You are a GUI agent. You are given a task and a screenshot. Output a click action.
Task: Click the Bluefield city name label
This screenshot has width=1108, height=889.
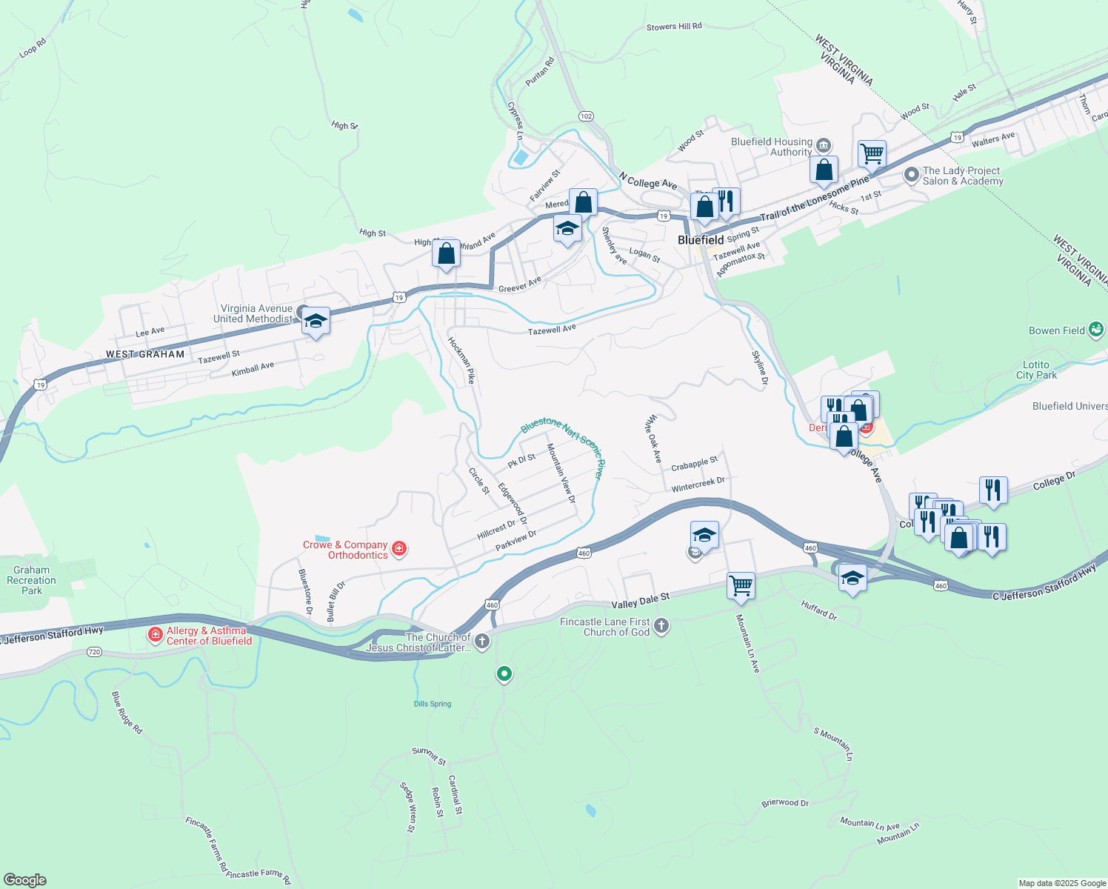[701, 240]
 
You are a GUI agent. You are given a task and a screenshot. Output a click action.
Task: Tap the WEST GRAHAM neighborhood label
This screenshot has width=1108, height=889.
[145, 354]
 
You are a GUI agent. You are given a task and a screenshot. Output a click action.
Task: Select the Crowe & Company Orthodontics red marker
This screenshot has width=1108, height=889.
[399, 549]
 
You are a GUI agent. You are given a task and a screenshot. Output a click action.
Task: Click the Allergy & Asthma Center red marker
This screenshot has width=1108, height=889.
[156, 635]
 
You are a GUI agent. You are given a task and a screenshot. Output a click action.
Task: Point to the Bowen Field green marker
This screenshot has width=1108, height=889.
[1096, 330]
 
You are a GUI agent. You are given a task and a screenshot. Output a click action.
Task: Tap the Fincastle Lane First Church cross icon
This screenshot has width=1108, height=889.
[661, 627]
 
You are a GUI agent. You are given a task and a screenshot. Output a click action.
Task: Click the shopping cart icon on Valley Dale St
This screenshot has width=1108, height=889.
[741, 586]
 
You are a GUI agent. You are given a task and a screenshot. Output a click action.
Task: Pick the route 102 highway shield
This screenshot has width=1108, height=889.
[586, 116]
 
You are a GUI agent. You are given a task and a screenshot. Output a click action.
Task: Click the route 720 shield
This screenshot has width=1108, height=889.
[93, 652]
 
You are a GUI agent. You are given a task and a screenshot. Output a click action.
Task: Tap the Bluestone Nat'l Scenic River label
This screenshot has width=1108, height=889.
[563, 442]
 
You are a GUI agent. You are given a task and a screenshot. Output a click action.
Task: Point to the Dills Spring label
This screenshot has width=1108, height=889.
[433, 704]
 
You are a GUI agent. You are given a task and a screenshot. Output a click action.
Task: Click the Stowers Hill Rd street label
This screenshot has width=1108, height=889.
[674, 27]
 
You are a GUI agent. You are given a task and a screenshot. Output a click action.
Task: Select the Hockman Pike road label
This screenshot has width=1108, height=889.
[461, 361]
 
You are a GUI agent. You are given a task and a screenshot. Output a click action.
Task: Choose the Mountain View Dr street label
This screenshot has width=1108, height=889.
[561, 473]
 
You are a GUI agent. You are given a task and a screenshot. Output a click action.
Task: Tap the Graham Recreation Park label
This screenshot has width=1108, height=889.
[31, 580]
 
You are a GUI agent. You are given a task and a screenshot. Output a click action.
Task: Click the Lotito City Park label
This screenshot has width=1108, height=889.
[1036, 370]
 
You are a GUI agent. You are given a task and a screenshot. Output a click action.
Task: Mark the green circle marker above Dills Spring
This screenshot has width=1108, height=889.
[504, 673]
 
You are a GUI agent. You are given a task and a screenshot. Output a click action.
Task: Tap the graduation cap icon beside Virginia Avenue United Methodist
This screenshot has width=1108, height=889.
[316, 321]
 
